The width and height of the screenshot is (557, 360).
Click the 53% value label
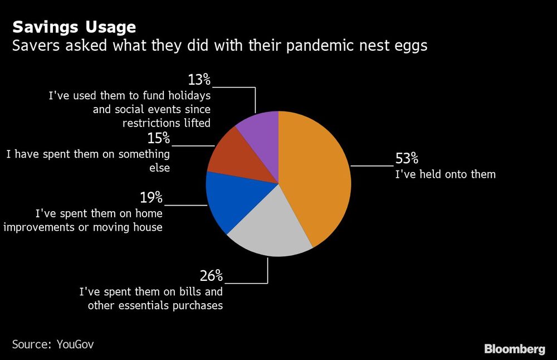407,158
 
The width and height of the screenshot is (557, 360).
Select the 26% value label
211,275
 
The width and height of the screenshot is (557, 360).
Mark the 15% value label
158,138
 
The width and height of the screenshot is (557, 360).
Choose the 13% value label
199,79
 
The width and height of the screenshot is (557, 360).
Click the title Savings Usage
74,26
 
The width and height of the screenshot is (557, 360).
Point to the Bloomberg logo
514,349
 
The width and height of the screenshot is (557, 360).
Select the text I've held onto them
445,174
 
